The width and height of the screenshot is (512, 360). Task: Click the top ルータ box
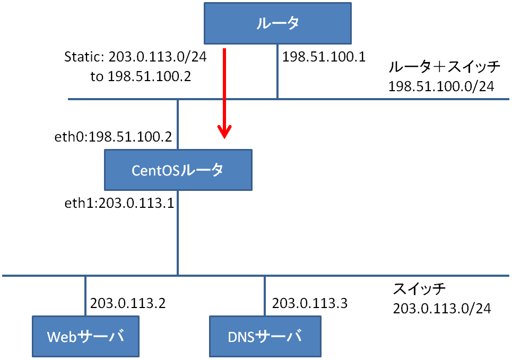277,23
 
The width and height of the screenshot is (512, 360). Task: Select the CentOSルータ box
178,170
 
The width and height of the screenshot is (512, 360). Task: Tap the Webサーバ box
85,336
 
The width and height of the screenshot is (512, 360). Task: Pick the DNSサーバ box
265,336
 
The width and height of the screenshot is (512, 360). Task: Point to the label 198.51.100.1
324,57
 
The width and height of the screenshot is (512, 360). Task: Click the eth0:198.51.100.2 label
113,137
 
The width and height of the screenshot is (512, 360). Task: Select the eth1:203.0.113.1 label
119,203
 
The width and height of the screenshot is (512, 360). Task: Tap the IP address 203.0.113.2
128,303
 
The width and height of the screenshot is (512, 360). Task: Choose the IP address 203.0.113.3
309,303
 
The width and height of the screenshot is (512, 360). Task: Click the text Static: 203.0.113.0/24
135,57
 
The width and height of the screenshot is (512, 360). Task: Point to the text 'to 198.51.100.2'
141,76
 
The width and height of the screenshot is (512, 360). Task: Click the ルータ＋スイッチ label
444,67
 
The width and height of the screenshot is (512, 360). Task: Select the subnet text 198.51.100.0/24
441,86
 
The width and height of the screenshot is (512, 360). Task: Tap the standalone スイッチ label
419,288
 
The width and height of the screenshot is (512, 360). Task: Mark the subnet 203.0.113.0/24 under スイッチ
442,309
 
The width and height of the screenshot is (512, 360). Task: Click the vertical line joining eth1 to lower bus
178,233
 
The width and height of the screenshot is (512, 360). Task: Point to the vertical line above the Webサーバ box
85,296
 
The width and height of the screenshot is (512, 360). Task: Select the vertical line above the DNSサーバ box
265,296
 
